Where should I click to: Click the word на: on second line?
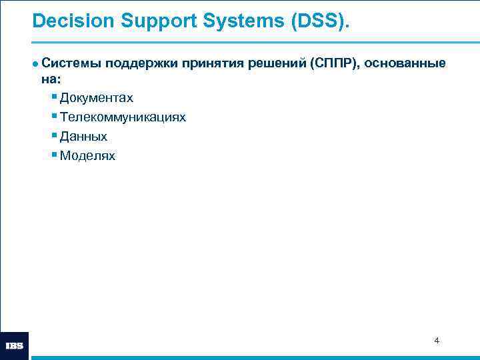point(51,79)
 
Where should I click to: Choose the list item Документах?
point(96,98)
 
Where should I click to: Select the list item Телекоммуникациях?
point(123,117)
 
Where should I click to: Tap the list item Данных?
point(83,137)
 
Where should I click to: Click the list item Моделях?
point(87,156)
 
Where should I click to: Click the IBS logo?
point(15,346)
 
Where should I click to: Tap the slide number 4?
point(437,341)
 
